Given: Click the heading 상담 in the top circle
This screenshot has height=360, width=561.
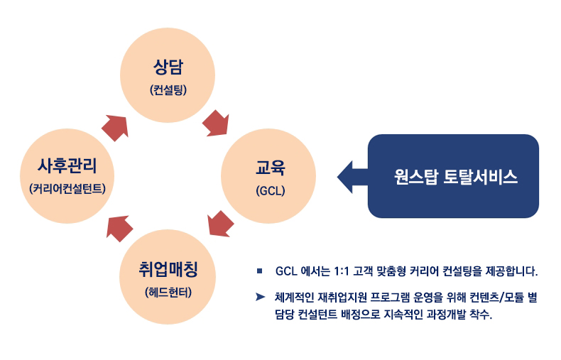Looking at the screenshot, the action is (168, 67).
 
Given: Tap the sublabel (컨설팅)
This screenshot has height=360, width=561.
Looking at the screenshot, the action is (168, 89).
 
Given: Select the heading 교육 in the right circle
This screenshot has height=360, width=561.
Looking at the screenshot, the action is (270, 168).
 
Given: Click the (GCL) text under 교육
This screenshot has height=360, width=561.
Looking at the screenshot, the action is (270, 190).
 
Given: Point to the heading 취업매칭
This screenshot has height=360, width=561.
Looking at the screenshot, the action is (168, 269).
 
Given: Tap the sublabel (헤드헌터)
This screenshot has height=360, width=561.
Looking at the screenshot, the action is (168, 292).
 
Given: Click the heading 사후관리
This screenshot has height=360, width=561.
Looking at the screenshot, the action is (67, 165).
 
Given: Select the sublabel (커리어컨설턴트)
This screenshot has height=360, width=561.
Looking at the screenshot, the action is (67, 189).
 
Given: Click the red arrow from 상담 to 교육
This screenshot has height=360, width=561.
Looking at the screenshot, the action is (216, 124).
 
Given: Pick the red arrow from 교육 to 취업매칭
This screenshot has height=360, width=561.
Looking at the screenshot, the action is (220, 224).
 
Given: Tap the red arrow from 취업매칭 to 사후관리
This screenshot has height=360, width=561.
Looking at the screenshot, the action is (119, 229).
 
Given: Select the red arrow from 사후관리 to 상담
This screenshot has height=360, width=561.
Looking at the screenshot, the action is (115, 128).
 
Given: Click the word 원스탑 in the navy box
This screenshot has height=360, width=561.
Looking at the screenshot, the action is (415, 177).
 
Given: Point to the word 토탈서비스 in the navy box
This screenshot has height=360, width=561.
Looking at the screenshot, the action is (481, 177).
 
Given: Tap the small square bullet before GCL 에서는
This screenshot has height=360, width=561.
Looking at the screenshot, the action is (259, 271).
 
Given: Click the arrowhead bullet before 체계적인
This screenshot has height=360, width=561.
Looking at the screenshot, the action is (260, 297).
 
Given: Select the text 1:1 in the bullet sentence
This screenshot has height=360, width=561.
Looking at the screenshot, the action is (342, 271).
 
